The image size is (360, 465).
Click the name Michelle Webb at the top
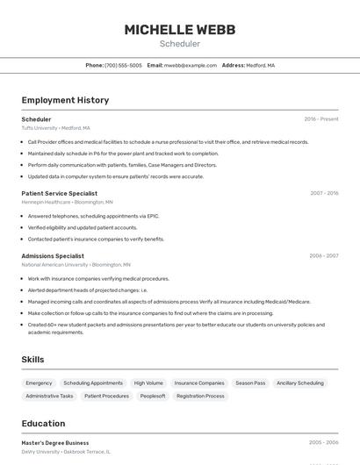pos(179,30)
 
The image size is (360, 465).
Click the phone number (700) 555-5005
pos(123,65)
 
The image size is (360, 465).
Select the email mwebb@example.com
pos(191,65)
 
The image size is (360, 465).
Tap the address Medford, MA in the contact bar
pos(260,65)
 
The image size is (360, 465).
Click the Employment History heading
pos(65,100)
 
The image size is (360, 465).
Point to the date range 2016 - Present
pos(320,119)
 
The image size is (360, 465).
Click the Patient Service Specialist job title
pos(59,193)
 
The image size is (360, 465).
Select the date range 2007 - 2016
pos(323,193)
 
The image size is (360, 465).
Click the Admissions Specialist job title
pos(53,256)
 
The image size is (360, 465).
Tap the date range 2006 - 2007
pos(323,256)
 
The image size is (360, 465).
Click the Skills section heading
pos(33,360)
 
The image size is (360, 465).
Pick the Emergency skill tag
pos(39,383)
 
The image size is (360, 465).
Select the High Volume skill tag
pos(148,383)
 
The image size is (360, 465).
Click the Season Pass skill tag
pos(250,383)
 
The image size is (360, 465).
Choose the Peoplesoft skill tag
pos(153,396)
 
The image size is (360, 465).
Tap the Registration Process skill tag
pos(200,396)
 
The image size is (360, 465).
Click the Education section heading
pos(43,424)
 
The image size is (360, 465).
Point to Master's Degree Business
pos(55,443)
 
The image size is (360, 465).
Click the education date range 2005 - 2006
pos(323,443)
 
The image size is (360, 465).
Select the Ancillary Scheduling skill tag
pos(299,383)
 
